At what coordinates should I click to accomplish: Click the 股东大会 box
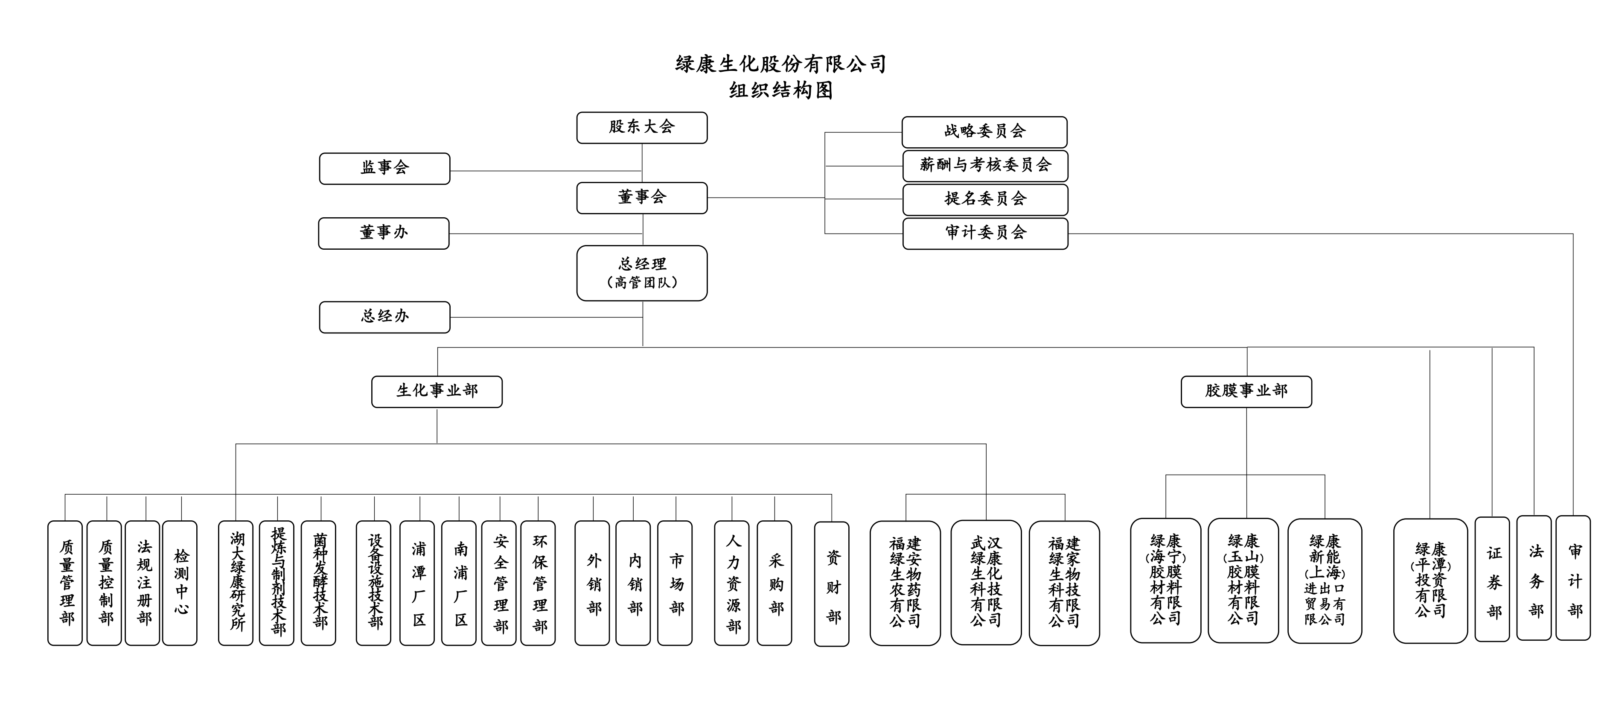642,128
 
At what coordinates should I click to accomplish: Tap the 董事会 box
642,198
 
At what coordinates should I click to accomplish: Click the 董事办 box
384,233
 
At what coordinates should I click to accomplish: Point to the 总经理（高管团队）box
642,273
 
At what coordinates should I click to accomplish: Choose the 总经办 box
384,317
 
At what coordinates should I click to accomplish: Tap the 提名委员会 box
985,200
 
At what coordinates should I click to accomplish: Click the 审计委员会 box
985,233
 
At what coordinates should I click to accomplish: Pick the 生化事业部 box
437,391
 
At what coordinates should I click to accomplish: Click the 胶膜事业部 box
1246,391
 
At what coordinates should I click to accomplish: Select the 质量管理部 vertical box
65,583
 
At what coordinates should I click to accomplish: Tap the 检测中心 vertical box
180,583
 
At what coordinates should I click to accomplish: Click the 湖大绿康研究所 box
236,583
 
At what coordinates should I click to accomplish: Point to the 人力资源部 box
731,583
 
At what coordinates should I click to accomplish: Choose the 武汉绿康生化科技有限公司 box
986,583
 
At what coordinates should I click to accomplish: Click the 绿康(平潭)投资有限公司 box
1430,581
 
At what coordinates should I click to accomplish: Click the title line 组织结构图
781,91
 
